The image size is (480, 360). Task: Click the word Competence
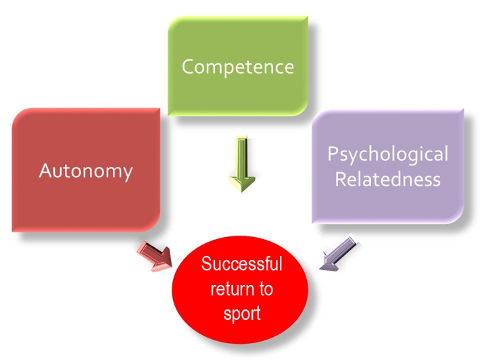(238, 67)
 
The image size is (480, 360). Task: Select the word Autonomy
(85, 170)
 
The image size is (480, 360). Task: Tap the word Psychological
(387, 154)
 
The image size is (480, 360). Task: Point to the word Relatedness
(387, 180)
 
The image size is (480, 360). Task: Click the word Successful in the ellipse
(241, 263)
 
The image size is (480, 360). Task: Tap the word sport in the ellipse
(241, 314)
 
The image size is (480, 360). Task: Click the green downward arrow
(241, 162)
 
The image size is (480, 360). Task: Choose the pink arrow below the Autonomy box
(155, 255)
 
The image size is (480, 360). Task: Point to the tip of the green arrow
(241, 191)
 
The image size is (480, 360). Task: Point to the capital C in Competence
(188, 67)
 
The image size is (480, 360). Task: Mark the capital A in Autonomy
(45, 170)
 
